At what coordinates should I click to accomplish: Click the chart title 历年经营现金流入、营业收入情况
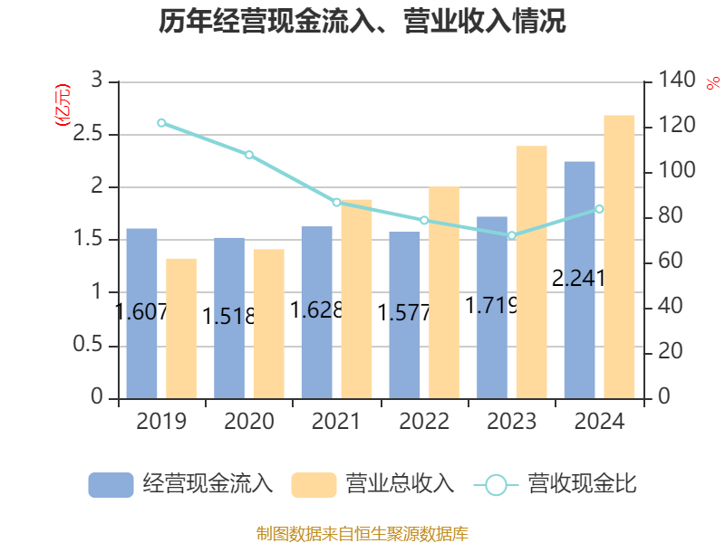(362, 22)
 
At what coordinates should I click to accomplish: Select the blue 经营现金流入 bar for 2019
(141, 313)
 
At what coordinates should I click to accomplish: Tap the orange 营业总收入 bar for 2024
(619, 257)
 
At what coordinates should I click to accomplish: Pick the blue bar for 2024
(579, 280)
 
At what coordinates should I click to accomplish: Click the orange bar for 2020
(268, 323)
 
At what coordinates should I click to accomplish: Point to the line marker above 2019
(161, 122)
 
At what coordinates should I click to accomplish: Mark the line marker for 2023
(512, 235)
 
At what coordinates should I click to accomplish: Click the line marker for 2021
(336, 202)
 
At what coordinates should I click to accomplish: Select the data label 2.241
(578, 278)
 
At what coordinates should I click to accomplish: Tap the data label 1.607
(141, 312)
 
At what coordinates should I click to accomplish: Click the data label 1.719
(491, 306)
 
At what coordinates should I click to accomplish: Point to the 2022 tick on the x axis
(424, 421)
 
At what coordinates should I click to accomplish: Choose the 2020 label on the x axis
(249, 421)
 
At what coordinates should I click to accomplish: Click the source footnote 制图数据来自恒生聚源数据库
(362, 533)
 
